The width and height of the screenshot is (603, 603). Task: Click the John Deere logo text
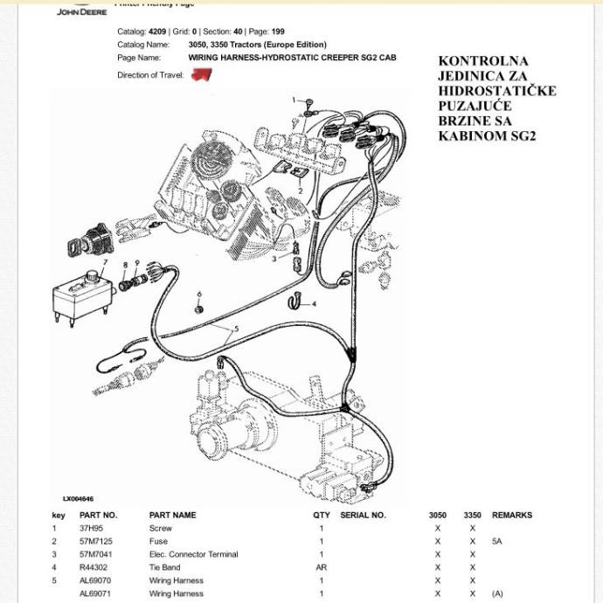point(81,11)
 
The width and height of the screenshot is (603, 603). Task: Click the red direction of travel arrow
point(202,75)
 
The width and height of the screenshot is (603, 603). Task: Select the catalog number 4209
point(156,31)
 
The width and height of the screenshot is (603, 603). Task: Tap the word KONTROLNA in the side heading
point(482,61)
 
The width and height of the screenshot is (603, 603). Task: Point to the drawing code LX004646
point(78,499)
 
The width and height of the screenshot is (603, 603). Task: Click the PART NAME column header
point(172,515)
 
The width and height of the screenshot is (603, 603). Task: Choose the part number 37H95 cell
point(91,528)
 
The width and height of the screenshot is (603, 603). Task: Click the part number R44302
point(94,567)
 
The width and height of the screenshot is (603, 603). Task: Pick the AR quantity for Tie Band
point(321,567)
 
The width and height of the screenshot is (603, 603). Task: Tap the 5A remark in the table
point(497,541)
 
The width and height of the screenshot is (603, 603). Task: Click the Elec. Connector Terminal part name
point(193,554)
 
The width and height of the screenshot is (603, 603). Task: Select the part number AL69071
point(95,593)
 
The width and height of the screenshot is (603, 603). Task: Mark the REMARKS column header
point(511,515)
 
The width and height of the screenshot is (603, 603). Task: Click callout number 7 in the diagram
point(105,262)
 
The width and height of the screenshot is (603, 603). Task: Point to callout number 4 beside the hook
point(314,304)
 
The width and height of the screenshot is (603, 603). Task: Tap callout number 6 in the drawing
point(199,295)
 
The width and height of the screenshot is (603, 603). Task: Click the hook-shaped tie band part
point(295,302)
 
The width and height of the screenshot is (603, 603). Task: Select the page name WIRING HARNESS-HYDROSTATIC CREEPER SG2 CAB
point(292,58)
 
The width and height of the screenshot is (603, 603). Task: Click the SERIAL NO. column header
point(362,515)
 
